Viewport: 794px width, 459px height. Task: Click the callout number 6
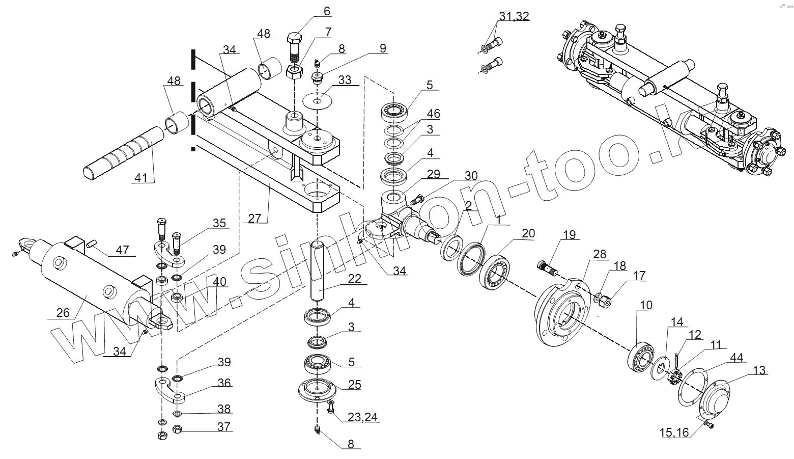coord(326,11)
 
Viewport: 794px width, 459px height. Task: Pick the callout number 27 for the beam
coord(254,218)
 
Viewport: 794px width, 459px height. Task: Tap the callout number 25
coord(354,384)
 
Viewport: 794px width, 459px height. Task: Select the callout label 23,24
coord(363,417)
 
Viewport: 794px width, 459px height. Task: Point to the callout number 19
coord(569,235)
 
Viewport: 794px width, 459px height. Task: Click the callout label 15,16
coord(674,433)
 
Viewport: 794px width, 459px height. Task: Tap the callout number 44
coord(735,358)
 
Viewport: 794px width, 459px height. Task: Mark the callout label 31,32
coord(514,16)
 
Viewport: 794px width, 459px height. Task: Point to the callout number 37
coord(224,426)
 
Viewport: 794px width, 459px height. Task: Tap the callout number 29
coord(434,174)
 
